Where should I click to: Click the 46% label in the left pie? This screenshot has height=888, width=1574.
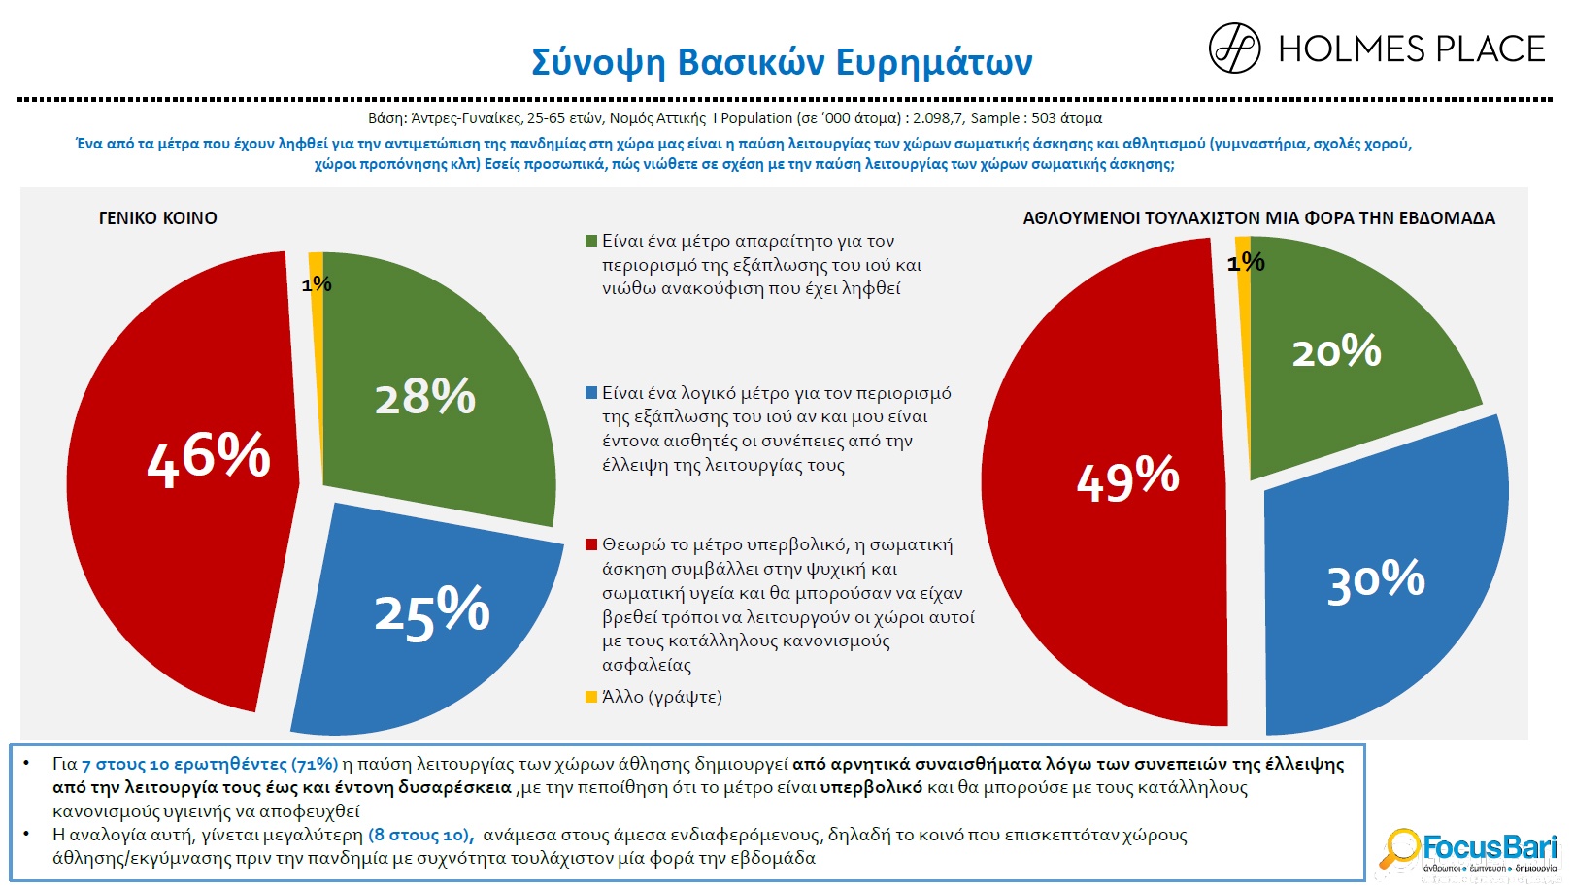pos(209,457)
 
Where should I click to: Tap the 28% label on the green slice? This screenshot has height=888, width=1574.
pos(425,397)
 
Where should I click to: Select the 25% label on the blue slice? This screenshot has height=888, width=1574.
pos(432,611)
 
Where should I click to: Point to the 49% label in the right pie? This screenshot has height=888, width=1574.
pos(1127,478)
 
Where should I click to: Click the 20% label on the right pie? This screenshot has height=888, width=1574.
pos(1336,351)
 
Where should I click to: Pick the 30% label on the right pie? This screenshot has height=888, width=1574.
pos(1376,580)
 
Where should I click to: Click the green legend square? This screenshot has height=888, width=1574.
pos(590,241)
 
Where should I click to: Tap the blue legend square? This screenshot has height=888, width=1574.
pos(590,393)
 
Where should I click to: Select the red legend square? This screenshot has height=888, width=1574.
pos(590,544)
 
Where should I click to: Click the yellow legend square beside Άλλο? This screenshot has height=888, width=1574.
pos(590,697)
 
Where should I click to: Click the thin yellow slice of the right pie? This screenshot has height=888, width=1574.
pos(1242,247)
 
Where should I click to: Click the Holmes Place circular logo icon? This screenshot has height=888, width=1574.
pos(1234,49)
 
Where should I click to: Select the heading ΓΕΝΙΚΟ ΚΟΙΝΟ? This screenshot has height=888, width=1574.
pos(158,218)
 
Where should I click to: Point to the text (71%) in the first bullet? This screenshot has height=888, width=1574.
pos(315,764)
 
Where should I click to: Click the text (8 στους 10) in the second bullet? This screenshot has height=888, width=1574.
pos(420,835)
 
